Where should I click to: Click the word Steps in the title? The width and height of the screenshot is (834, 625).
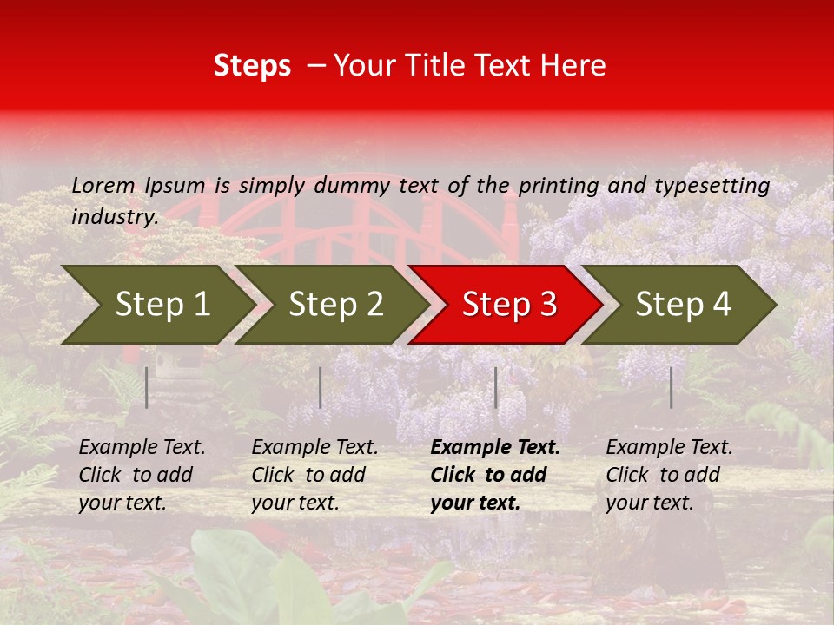coord(252,66)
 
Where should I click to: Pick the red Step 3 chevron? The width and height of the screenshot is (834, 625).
coord(509,305)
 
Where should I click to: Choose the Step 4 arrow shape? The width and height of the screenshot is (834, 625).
coord(683,305)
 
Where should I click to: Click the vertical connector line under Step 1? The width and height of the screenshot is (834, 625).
coord(147,387)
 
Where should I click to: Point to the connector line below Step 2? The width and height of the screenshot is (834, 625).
coord(321,387)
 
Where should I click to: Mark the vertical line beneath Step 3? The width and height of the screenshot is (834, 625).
coord(496,387)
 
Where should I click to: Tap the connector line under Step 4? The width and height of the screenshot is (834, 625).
coord(671,387)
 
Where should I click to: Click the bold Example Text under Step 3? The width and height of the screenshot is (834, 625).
coord(495,475)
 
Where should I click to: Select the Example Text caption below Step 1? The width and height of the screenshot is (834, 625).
coord(142,475)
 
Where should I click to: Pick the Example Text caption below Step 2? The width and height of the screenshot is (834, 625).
coord(314,475)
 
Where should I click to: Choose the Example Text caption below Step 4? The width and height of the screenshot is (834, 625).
coord(669,475)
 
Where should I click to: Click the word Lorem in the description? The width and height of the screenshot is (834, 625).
coord(103,186)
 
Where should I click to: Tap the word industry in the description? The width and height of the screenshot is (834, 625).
coord(114,217)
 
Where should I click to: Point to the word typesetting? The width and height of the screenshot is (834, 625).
coord(712,186)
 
